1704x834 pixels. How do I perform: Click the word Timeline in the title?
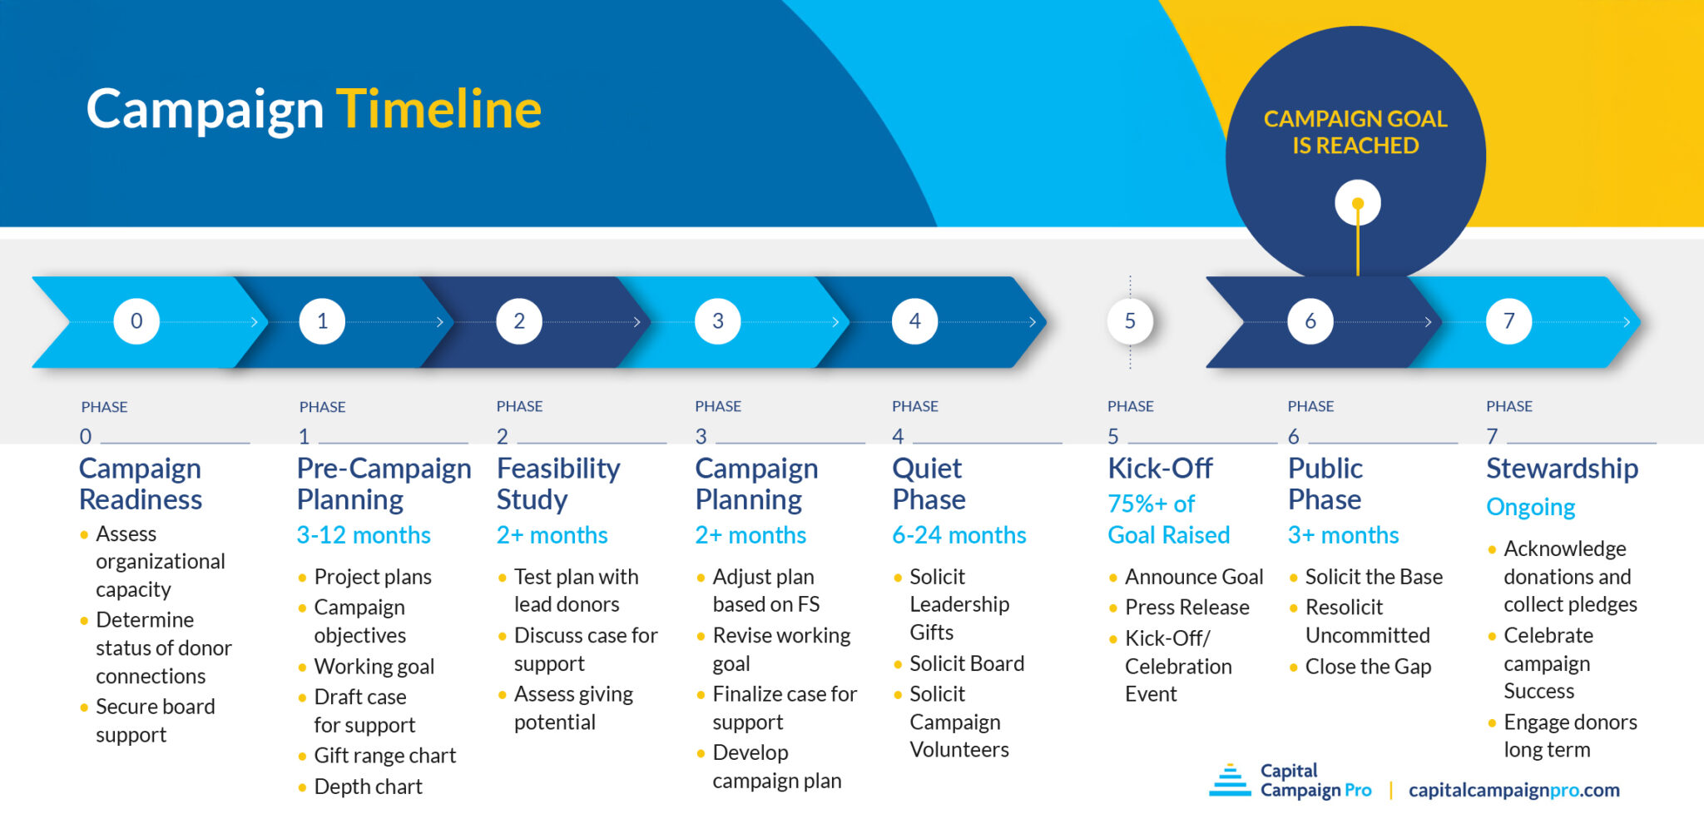pos(438,109)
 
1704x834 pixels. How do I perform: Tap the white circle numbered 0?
pos(136,321)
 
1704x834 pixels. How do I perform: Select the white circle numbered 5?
pos(1130,321)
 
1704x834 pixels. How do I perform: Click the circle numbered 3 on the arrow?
pos(718,321)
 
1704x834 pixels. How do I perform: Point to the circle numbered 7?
pos(1508,321)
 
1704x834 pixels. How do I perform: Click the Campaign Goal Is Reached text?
pos(1355,132)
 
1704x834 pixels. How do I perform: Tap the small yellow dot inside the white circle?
pos(1358,204)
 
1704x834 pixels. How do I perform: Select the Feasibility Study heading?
pos(557,484)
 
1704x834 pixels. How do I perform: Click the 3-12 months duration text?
pos(364,535)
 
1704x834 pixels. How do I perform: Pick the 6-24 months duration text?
pos(958,535)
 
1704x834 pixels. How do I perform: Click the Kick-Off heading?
pos(1160,469)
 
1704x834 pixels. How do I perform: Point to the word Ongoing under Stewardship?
pos(1530,507)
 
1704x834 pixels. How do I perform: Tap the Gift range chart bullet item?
pos(384,756)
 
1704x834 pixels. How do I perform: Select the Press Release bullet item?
pos(1186,608)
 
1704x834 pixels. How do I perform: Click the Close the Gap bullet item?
pos(1368,667)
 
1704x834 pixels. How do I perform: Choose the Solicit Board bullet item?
pos(966,663)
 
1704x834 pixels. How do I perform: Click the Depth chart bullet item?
pos(368,787)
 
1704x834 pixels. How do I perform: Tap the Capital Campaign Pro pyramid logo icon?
pos(1230,781)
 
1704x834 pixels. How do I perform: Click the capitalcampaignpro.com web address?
pos(1513,790)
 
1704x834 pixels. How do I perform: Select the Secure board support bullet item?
pos(155,721)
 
